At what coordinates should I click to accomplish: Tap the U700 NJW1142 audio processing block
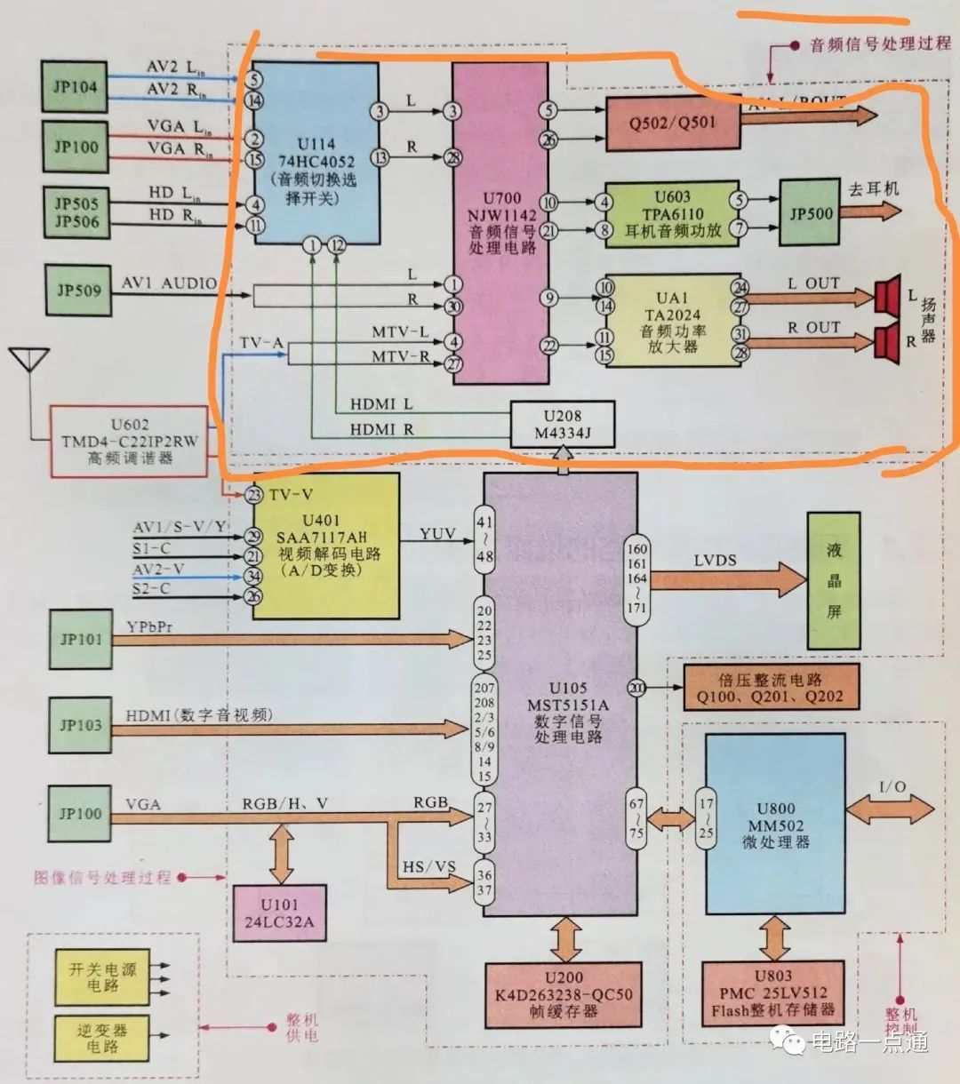tap(500, 223)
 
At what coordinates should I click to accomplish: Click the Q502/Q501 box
tap(672, 123)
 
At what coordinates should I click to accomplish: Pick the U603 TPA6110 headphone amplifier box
tap(672, 214)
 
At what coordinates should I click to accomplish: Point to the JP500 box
tap(810, 213)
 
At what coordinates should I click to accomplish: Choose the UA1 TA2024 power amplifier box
tap(672, 320)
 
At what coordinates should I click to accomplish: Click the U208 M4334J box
tap(562, 424)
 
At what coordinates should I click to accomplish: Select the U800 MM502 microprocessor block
tap(775, 824)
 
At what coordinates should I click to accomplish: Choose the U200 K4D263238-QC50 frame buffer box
tap(564, 995)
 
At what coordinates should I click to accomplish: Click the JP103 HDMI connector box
tap(80, 725)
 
